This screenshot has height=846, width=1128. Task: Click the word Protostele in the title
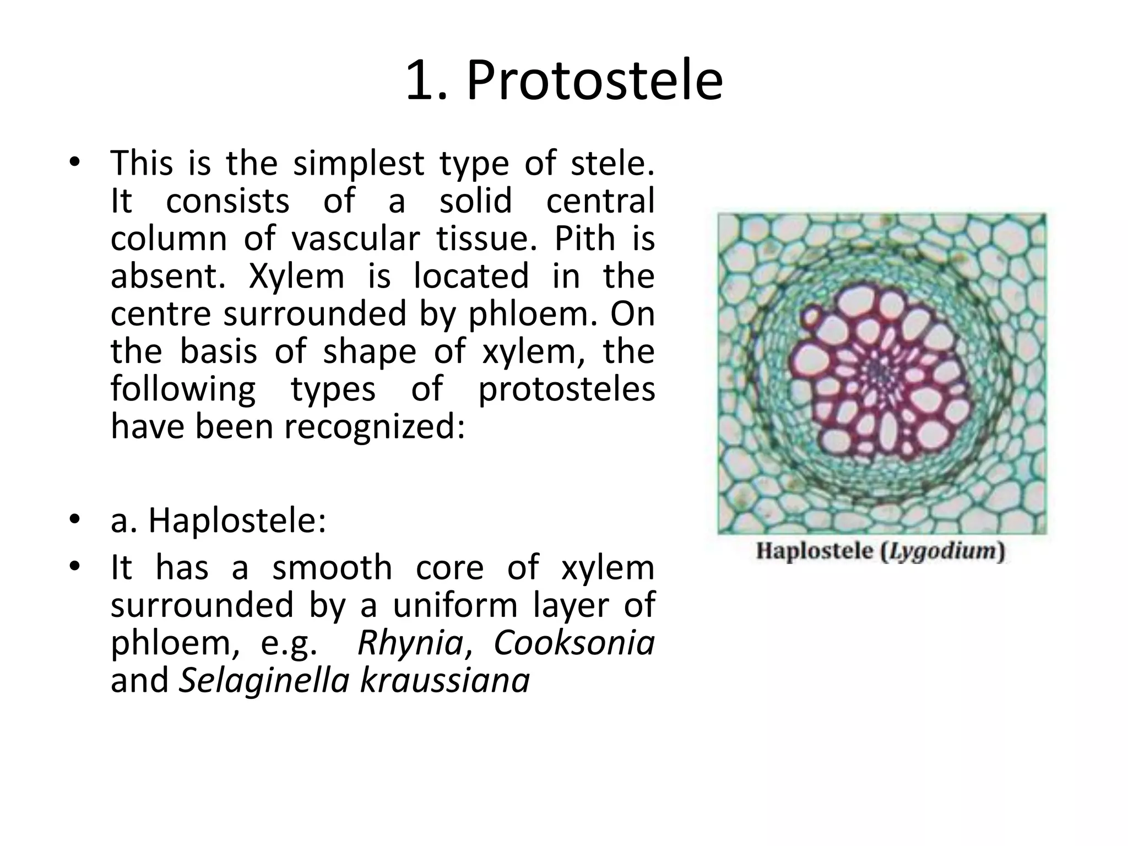[594, 82]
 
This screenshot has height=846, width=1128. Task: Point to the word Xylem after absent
[296, 276]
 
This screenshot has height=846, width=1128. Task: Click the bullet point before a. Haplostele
[75, 520]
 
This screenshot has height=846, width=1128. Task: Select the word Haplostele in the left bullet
[237, 520]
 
